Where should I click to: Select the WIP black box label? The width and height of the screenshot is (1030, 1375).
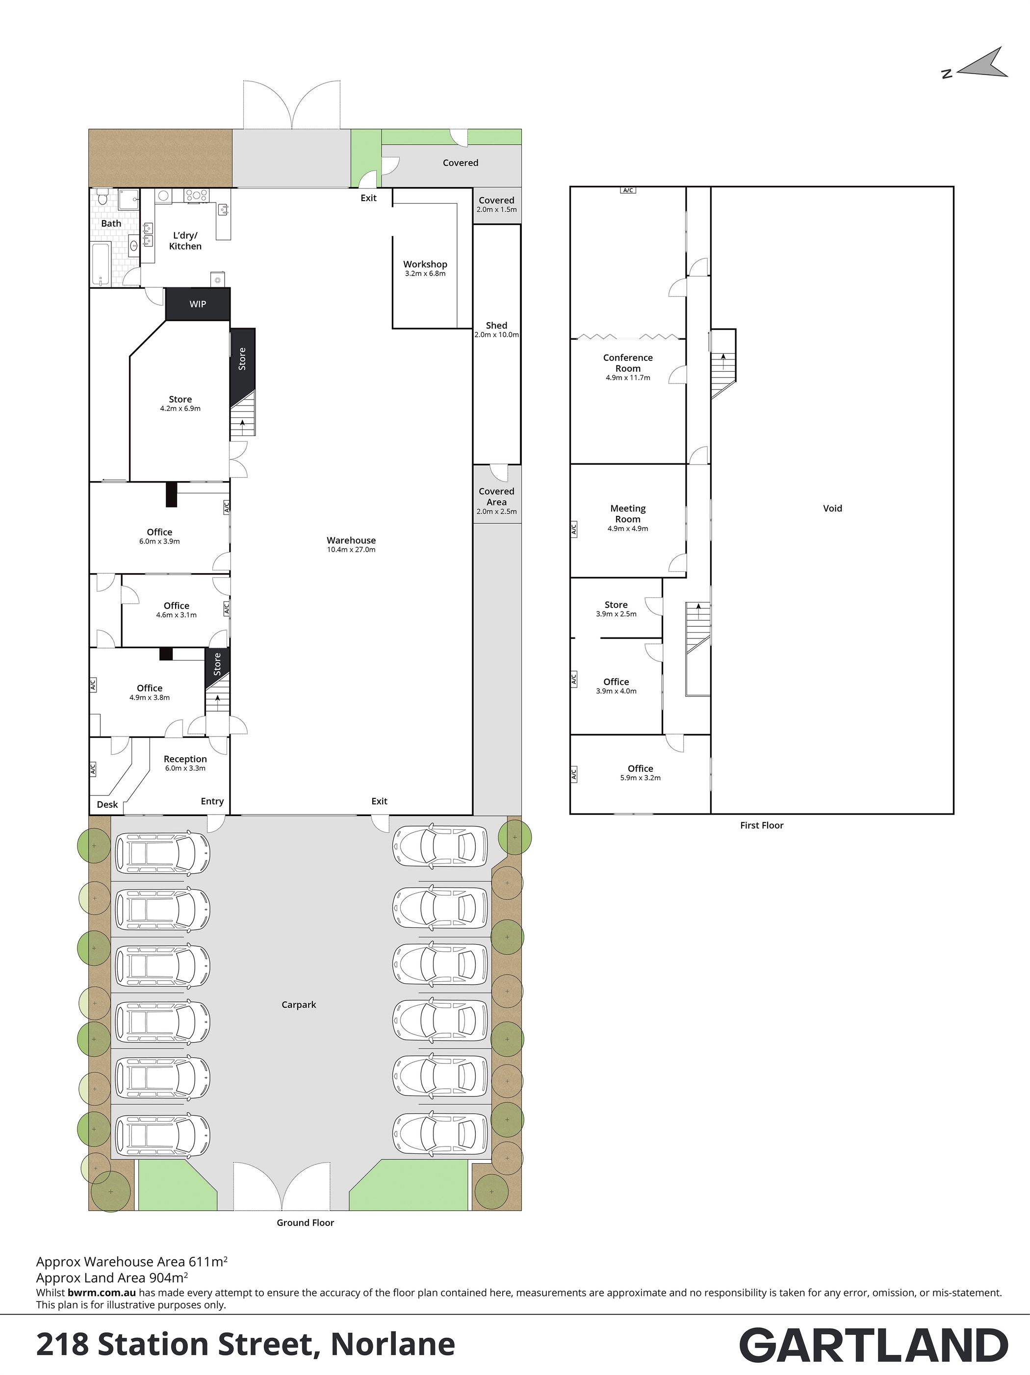click(x=198, y=304)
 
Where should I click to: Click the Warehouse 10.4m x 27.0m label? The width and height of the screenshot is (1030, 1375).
click(x=351, y=544)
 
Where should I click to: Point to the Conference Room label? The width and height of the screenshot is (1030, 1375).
click(x=628, y=367)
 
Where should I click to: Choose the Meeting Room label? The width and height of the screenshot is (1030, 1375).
click(x=628, y=518)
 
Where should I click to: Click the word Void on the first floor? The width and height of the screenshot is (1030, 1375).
click(x=832, y=508)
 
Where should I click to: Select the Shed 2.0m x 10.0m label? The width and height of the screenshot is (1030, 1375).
click(x=497, y=330)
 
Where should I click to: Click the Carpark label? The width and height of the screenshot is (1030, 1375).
click(x=299, y=1004)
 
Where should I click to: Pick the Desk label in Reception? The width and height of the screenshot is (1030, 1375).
click(x=107, y=804)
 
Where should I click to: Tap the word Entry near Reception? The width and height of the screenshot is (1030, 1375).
click(x=212, y=801)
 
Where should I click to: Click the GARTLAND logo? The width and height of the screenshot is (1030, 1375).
click(x=874, y=1346)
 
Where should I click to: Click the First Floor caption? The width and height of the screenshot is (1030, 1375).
click(x=762, y=825)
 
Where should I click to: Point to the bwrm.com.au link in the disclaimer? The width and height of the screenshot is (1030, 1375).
click(x=102, y=1292)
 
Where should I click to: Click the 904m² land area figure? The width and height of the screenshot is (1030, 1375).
click(x=168, y=1277)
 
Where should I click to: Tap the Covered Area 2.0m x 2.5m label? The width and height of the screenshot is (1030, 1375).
click(x=497, y=501)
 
